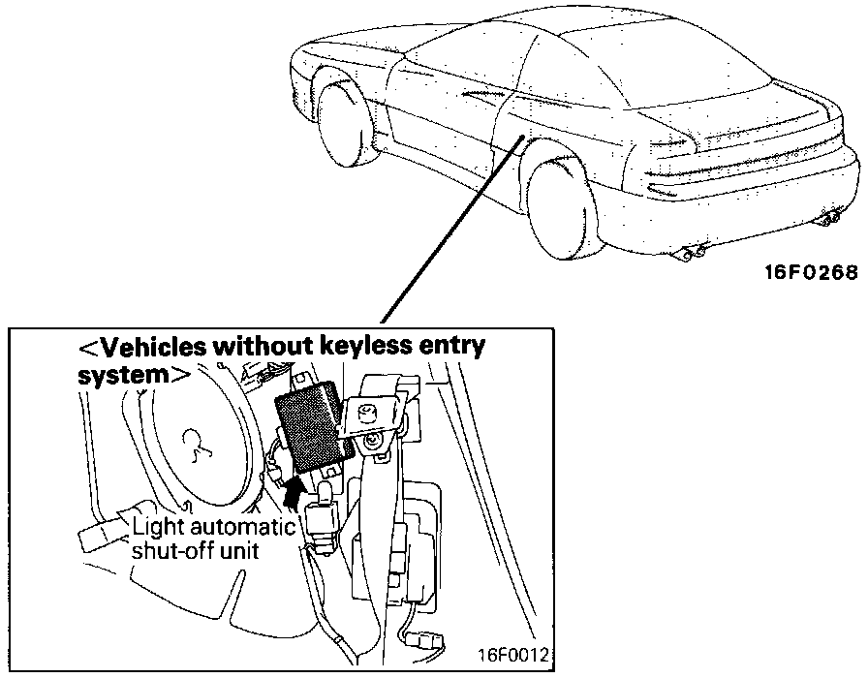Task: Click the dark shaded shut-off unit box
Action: point(310,426)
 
